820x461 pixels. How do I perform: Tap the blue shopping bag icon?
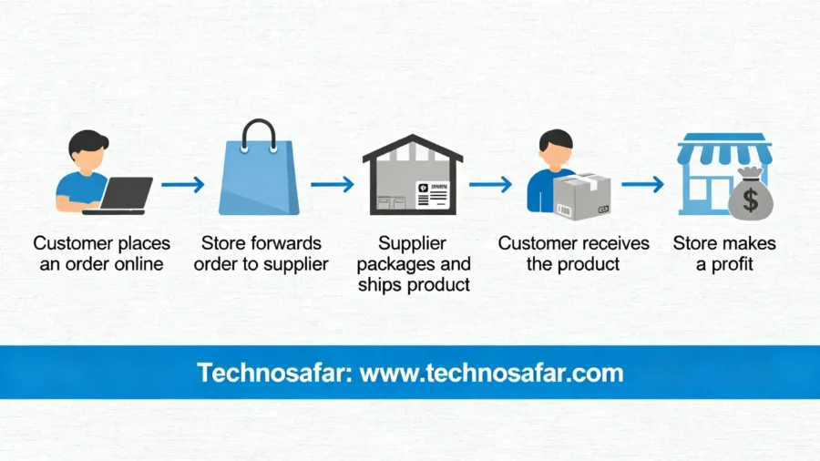(x=259, y=181)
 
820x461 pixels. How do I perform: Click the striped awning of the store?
(x=724, y=150)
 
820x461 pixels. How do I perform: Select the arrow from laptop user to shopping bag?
(x=182, y=185)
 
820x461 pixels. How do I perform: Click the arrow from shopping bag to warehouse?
(x=332, y=185)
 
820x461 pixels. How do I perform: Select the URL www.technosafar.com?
(x=492, y=373)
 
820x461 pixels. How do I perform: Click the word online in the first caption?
(x=137, y=264)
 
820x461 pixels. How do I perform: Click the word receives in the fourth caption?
(x=616, y=243)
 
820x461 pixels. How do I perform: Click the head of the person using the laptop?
(x=87, y=148)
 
